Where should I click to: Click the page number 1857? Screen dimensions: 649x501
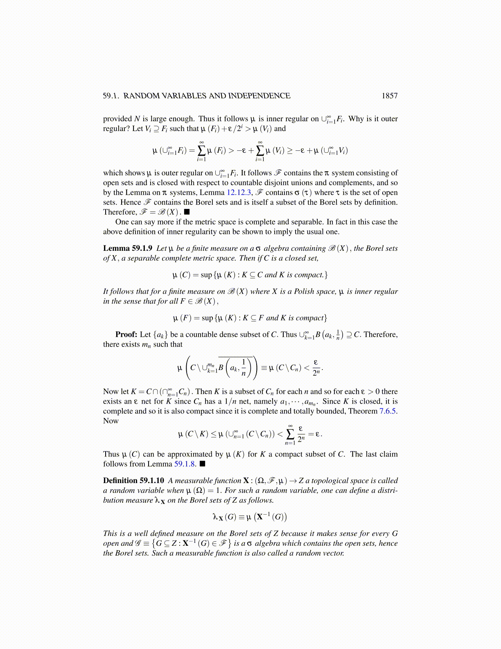click(389, 96)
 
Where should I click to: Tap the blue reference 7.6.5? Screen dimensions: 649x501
click(388, 411)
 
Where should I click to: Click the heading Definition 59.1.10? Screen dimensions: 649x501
click(133, 481)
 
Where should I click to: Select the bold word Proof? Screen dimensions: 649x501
click(126, 335)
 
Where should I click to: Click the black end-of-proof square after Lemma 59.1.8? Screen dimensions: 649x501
click(202, 464)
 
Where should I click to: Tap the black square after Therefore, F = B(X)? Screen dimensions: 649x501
click(187, 212)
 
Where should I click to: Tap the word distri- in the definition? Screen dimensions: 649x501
click(387, 490)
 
